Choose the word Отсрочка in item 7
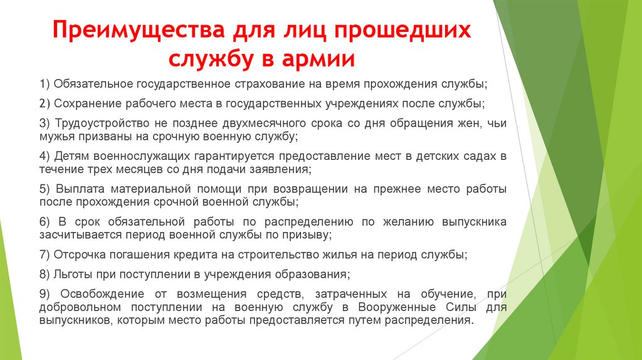coord(79,255)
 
